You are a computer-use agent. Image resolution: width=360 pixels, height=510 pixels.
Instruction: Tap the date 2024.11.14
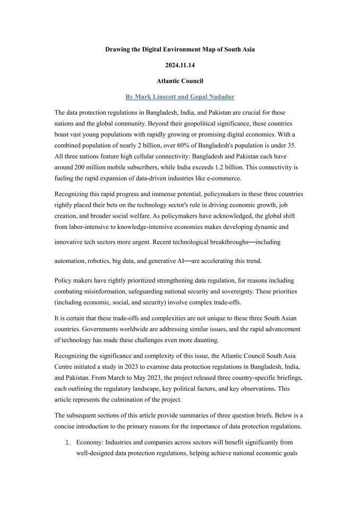coord(180,65)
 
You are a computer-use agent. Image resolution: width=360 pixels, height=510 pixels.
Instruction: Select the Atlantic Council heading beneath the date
coord(180,81)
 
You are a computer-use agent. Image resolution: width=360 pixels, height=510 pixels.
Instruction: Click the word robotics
coord(106,261)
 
